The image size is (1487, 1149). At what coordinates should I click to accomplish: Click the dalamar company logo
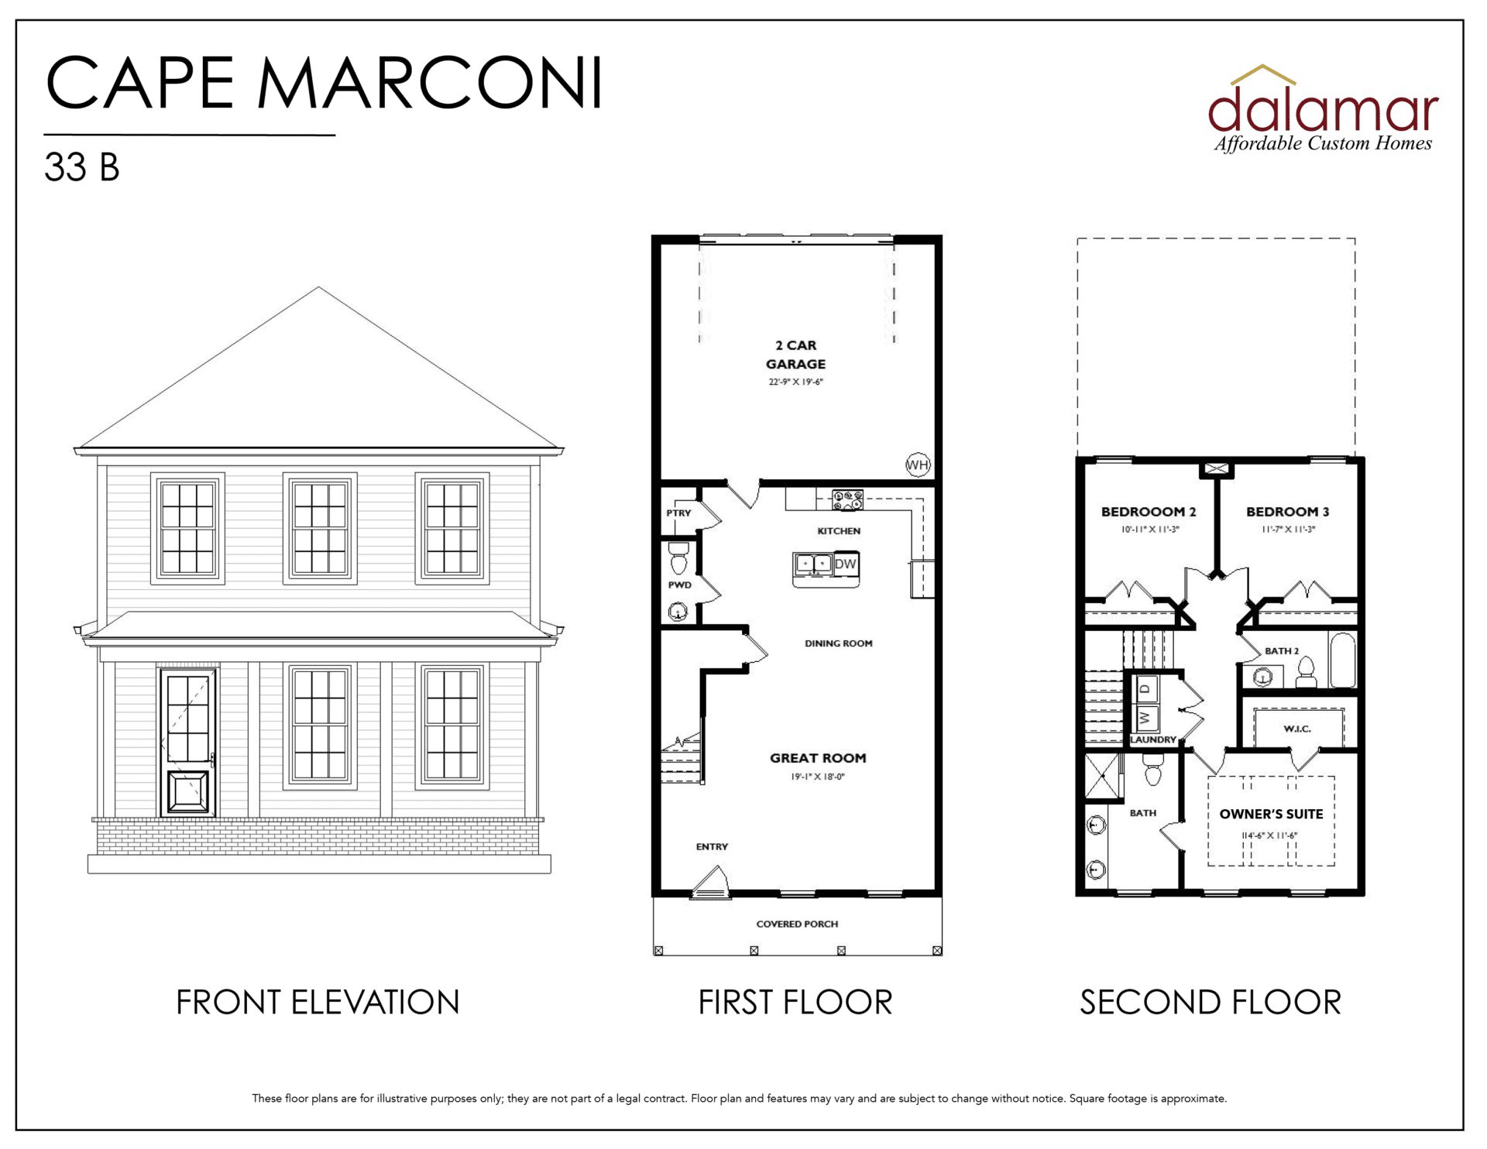click(1323, 109)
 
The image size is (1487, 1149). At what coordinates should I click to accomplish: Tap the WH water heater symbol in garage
click(918, 465)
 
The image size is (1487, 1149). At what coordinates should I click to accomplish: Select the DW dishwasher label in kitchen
click(846, 564)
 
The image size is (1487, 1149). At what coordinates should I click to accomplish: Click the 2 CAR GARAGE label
click(795, 355)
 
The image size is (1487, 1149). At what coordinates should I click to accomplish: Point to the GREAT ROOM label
click(818, 758)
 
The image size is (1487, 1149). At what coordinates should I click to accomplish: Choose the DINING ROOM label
click(838, 643)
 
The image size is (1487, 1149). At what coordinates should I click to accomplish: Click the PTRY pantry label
click(678, 513)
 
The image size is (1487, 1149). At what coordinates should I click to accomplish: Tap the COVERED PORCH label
click(797, 924)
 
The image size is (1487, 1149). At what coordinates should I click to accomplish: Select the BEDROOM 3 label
click(1287, 512)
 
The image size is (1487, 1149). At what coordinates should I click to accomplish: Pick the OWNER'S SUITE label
click(1271, 814)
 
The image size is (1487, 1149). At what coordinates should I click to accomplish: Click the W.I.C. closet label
click(1297, 729)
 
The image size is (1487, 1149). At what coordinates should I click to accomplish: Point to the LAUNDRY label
click(1153, 739)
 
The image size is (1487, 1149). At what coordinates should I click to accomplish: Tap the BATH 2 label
click(1282, 651)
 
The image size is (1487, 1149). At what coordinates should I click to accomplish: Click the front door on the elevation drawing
click(187, 742)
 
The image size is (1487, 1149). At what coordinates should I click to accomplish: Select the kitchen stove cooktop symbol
click(847, 500)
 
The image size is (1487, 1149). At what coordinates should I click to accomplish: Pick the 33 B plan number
click(82, 167)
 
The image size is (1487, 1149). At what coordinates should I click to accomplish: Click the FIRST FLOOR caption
click(795, 1002)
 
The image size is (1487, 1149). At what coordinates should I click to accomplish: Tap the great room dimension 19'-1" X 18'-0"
click(818, 777)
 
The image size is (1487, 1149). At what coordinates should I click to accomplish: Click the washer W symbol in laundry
click(1146, 718)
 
